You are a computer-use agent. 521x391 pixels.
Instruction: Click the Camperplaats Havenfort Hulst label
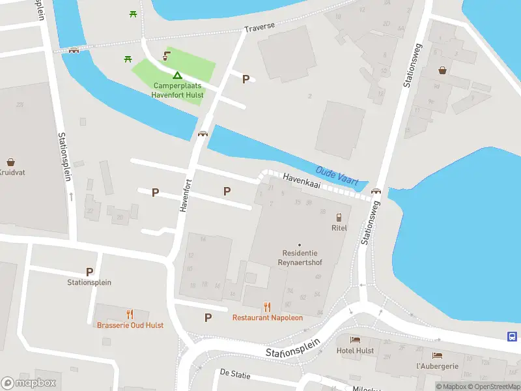(178, 91)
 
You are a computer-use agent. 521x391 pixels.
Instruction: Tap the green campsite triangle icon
(177, 76)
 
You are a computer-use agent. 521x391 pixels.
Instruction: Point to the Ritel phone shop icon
(339, 217)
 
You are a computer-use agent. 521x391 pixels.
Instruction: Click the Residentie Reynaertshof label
(300, 257)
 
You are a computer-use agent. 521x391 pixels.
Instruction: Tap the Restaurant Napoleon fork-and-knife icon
(267, 307)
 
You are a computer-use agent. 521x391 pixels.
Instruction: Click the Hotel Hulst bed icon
(355, 340)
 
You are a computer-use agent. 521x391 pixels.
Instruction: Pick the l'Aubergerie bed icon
(437, 355)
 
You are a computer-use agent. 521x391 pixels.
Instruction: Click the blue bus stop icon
(513, 336)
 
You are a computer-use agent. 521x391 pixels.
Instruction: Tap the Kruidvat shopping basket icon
(11, 162)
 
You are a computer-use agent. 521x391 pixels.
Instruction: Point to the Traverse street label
(259, 29)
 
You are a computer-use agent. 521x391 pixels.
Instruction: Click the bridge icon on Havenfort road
(203, 134)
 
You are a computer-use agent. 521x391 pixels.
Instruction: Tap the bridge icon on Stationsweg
(376, 191)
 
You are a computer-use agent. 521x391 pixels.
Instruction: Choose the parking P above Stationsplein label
(89, 272)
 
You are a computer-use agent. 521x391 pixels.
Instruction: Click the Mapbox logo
(29, 383)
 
